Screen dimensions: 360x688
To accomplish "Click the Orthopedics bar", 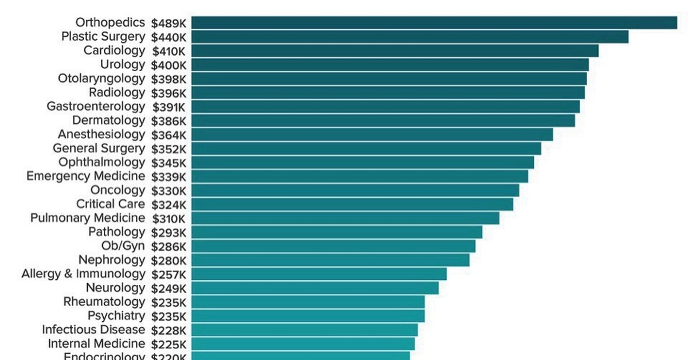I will (x=434, y=22).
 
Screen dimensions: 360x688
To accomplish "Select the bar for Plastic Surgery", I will (x=409, y=37).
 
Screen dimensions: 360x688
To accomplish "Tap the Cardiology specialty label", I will (x=114, y=50).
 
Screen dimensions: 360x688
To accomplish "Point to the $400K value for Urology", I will (x=169, y=65).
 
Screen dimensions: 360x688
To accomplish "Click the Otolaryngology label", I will (x=101, y=79).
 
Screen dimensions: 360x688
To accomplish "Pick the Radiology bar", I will (x=388, y=92).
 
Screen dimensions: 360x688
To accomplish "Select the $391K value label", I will (x=169, y=107).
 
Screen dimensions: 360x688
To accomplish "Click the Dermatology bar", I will (x=382, y=120).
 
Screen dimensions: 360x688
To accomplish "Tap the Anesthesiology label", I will (x=101, y=135).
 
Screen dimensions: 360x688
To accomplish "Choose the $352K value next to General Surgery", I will (x=169, y=148).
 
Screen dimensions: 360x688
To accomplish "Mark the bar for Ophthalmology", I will (x=362, y=162).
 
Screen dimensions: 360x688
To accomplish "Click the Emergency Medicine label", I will (x=85, y=176).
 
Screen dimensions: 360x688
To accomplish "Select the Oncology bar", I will (x=355, y=190).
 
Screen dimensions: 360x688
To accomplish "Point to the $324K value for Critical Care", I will (x=169, y=204).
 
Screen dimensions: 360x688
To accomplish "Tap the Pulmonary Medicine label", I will (x=88, y=218).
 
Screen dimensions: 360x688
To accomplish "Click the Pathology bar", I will (x=337, y=232).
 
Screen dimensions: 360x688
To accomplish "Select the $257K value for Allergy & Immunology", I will (x=169, y=274).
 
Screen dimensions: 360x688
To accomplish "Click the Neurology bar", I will (x=315, y=288).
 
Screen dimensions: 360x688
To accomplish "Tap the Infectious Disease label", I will (x=93, y=330).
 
